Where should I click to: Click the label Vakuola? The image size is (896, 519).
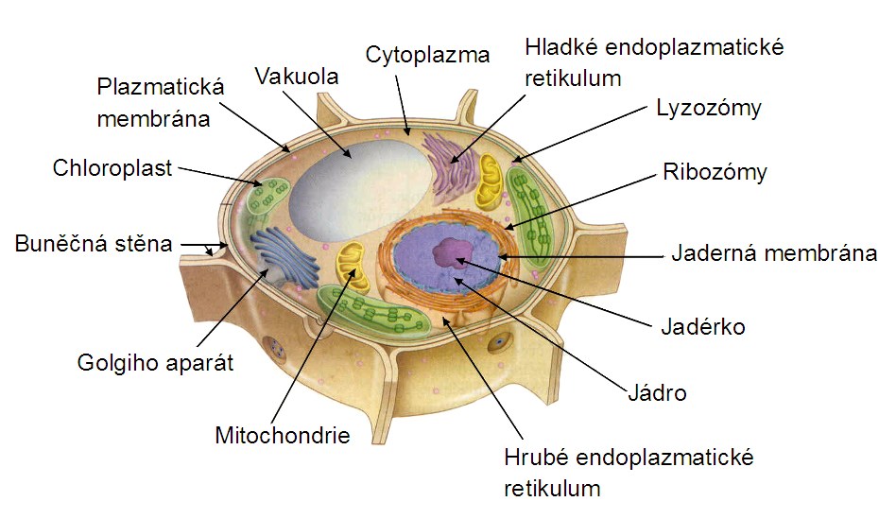[297, 77]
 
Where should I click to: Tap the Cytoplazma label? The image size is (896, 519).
[427, 54]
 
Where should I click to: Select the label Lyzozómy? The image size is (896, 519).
[708, 107]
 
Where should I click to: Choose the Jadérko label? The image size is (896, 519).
[702, 327]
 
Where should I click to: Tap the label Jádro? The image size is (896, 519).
[657, 392]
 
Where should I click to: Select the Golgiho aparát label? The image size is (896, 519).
[156, 361]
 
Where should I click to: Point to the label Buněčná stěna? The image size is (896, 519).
[94, 243]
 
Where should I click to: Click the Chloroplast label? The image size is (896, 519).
[112, 168]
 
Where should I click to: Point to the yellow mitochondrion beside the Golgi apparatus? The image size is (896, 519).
[352, 265]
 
